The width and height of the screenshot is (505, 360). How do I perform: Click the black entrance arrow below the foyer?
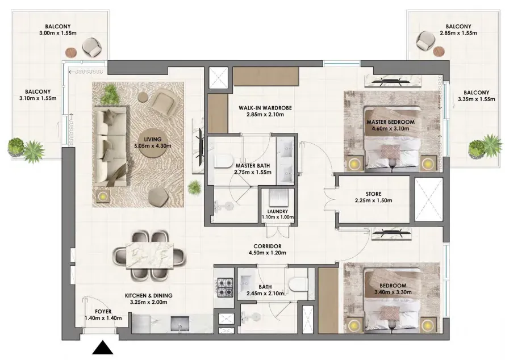[x=103, y=348]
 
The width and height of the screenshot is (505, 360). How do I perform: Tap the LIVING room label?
[x=153, y=140]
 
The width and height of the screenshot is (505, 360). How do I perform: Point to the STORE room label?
[x=374, y=194]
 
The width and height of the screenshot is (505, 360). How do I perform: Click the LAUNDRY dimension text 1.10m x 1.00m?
[x=278, y=217]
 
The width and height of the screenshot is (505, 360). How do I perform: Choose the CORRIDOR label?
[x=268, y=246]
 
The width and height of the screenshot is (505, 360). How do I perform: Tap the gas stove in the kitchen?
[x=225, y=287]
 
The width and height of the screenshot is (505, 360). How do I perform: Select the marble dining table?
[x=149, y=255]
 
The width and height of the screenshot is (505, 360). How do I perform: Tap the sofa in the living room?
[x=110, y=147]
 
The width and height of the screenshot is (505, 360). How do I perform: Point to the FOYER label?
[x=103, y=311]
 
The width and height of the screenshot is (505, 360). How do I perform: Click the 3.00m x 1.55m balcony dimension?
[x=57, y=33]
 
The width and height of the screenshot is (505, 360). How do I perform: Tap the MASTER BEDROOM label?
[x=390, y=122]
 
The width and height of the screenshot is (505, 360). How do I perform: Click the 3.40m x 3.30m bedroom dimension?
[x=393, y=292]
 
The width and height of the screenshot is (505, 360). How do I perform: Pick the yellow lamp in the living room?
[x=103, y=196]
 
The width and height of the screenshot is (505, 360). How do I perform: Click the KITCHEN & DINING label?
[x=148, y=295]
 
